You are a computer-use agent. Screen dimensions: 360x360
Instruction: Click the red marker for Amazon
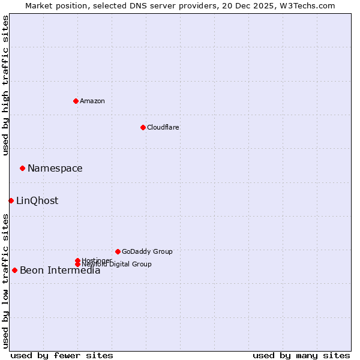tap(76, 101)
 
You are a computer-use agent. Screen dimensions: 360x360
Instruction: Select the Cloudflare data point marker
tap(143, 127)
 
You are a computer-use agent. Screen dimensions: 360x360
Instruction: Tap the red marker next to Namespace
tap(22, 168)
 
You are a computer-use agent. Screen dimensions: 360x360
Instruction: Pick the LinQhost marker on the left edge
tap(11, 200)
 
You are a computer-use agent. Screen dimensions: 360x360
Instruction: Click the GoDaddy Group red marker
tap(118, 251)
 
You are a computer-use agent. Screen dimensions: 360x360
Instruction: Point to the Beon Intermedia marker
tap(14, 270)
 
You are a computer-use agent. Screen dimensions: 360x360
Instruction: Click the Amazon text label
tap(92, 101)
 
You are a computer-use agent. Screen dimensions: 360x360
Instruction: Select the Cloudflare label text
tap(163, 127)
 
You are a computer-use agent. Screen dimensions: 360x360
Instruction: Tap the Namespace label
tap(55, 168)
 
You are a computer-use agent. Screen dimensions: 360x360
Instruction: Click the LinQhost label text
tap(37, 200)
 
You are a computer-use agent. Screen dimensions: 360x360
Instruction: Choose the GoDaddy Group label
tap(147, 251)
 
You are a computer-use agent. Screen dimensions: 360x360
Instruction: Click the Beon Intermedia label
tap(60, 270)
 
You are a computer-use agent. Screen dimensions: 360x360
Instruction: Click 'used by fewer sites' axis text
tap(62, 355)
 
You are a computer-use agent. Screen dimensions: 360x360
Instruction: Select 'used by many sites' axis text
tap(301, 355)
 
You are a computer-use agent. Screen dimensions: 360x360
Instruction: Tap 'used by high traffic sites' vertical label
tap(5, 85)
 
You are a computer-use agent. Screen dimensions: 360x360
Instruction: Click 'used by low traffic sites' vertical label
tap(5, 281)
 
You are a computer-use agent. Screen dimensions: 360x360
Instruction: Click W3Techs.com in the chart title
tap(306, 5)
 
